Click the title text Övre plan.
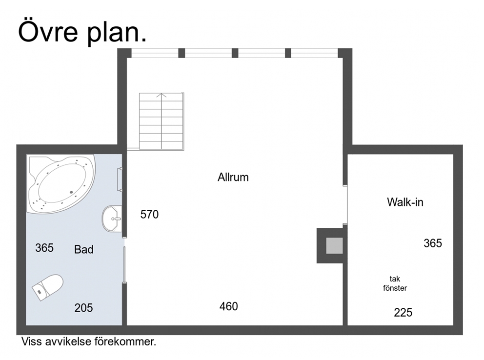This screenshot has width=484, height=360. (82, 32)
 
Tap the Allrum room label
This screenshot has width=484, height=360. (233, 178)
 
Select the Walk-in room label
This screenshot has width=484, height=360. (405, 202)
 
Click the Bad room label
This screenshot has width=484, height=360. (83, 249)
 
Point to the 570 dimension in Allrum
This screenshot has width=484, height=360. (149, 214)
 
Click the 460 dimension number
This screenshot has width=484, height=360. (229, 306)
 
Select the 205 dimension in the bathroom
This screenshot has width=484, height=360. (83, 308)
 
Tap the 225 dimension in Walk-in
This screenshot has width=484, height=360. (403, 313)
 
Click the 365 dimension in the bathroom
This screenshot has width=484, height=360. (44, 248)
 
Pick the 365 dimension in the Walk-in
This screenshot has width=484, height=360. (433, 243)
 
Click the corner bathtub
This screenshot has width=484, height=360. (61, 184)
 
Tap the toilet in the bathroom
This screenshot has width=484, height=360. (47, 287)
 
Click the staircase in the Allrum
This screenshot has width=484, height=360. (161, 121)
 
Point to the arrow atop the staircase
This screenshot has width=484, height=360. (161, 95)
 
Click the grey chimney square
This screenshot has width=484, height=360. (335, 245)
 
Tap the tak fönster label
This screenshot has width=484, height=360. (395, 283)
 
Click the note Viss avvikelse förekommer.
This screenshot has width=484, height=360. (89, 342)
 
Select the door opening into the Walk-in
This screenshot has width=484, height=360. (345, 204)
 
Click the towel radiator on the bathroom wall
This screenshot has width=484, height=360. (120, 179)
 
